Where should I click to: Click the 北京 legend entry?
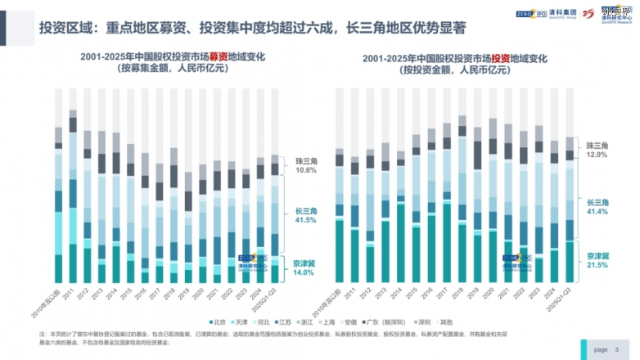click(x=220, y=322)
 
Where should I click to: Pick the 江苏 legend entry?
click(x=301, y=322)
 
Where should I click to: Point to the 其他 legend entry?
click(x=489, y=322)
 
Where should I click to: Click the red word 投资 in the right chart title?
click(x=502, y=58)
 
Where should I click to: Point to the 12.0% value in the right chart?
click(x=597, y=154)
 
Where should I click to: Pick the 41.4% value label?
click(x=597, y=212)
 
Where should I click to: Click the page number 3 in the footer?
click(x=616, y=349)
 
